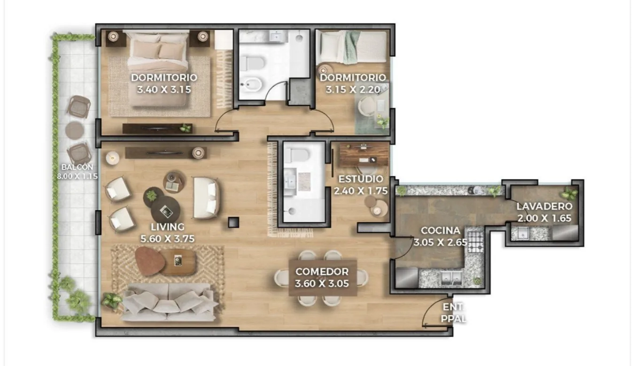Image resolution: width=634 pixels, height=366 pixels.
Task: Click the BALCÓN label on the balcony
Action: point(77,167)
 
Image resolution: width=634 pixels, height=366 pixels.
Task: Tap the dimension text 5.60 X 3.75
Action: point(168,239)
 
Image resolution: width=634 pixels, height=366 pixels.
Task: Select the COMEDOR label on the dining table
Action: point(322,272)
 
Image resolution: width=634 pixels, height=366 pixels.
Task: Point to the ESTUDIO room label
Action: point(361,179)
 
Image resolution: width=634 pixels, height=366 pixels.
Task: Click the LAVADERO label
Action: point(544,206)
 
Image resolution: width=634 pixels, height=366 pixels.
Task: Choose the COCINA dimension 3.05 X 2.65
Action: point(440,243)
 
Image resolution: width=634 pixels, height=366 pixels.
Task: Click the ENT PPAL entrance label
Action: point(453,313)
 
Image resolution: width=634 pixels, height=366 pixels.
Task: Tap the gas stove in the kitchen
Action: point(475,242)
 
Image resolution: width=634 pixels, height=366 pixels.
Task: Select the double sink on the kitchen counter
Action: point(452,278)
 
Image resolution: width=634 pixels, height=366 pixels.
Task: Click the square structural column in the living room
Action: point(233,222)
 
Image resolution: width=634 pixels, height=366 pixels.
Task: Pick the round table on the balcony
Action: point(75,130)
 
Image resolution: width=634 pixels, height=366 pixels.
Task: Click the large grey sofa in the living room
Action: point(169,302)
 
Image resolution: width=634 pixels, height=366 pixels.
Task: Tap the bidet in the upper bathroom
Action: point(248,84)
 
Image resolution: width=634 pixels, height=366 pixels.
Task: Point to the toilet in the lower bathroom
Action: point(296,155)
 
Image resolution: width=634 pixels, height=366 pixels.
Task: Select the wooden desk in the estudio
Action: point(363,154)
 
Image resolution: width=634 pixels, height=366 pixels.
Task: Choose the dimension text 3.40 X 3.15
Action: point(164,90)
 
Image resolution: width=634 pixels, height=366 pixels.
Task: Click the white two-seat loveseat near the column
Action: point(206,198)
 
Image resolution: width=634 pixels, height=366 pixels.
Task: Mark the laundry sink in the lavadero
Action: point(520,234)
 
